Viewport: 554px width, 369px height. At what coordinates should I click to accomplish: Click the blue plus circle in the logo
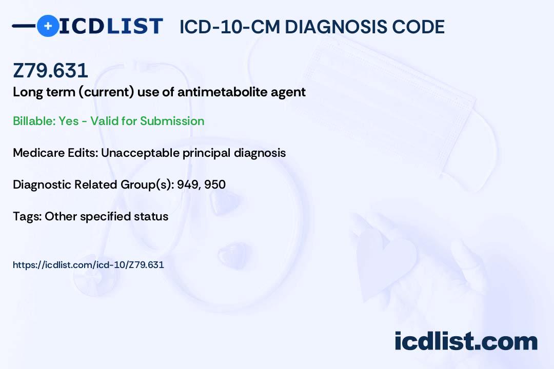pos(48,26)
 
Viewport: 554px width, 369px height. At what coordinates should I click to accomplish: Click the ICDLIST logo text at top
pos(111,26)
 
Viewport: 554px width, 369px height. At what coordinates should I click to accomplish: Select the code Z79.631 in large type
pos(50,71)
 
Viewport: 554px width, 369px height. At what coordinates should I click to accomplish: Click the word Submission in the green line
pos(172,121)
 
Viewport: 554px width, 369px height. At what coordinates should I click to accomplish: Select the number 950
pos(215,184)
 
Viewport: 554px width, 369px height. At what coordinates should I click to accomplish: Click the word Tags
pos(26,216)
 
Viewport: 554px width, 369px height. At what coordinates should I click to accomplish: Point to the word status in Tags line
pos(151,216)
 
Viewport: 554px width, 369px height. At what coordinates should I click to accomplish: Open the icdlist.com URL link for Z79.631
pos(88,265)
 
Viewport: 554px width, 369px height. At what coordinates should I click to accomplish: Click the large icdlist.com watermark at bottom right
pos(466,341)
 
